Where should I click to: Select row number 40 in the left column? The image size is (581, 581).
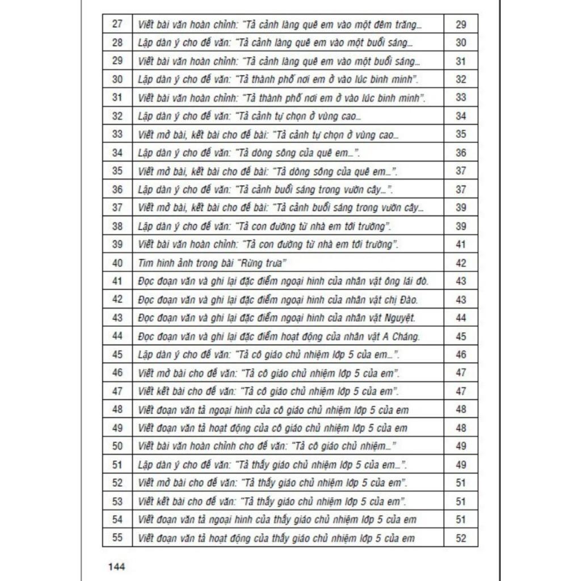(117, 263)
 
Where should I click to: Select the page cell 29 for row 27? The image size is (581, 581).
(461, 24)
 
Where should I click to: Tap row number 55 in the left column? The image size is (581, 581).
(117, 537)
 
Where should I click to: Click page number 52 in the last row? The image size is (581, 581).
(461, 537)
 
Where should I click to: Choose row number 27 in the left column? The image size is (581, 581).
(117, 24)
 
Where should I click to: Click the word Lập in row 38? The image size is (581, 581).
(146, 226)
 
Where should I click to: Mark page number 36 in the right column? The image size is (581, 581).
(461, 153)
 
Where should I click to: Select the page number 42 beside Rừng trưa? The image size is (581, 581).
(461, 263)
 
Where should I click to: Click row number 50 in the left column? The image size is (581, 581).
(117, 446)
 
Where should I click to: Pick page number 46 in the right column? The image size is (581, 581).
(461, 355)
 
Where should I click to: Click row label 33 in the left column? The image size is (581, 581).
(117, 134)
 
